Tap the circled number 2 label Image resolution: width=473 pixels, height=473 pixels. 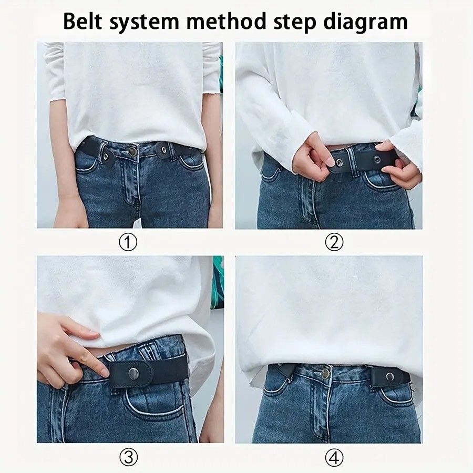[334, 242]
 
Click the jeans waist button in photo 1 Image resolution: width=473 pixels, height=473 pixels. [133, 151]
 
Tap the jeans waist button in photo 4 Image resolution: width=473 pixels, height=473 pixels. [325, 374]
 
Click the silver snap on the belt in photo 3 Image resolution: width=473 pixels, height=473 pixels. [133, 373]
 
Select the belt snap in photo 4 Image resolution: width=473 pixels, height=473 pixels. [390, 376]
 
